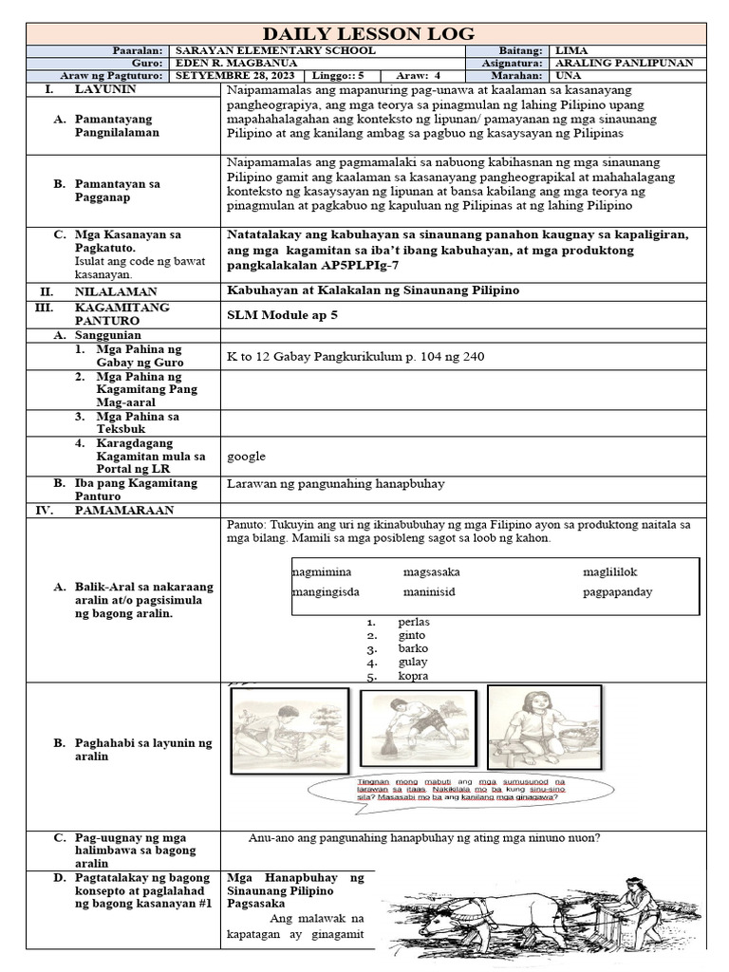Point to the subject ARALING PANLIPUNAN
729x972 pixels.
pos(625,63)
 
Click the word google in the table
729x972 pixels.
pos(246,456)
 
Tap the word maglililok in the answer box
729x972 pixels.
pos(612,572)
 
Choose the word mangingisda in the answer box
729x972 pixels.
pos(327,592)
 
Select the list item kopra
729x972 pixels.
pos(414,676)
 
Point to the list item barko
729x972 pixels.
pos(413,649)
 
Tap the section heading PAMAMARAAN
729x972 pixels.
pos(124,510)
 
